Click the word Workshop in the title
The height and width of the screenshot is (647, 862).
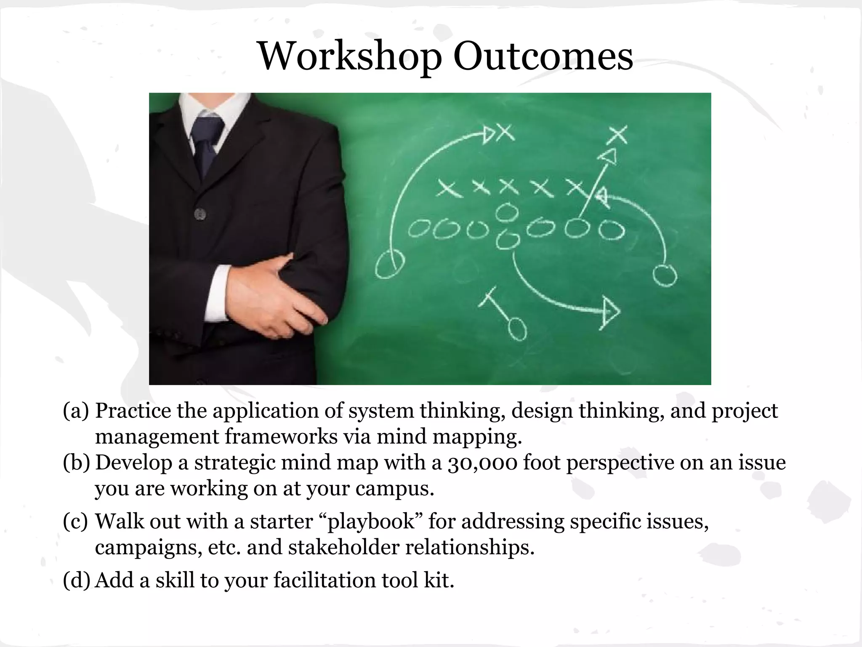click(x=350, y=57)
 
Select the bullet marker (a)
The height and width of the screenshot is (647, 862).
click(x=76, y=411)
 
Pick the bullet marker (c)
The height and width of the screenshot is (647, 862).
click(x=76, y=521)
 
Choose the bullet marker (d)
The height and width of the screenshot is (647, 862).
click(x=76, y=580)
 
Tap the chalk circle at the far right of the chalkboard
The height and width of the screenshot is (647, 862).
click(x=665, y=275)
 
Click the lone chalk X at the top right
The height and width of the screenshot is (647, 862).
click(x=618, y=135)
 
